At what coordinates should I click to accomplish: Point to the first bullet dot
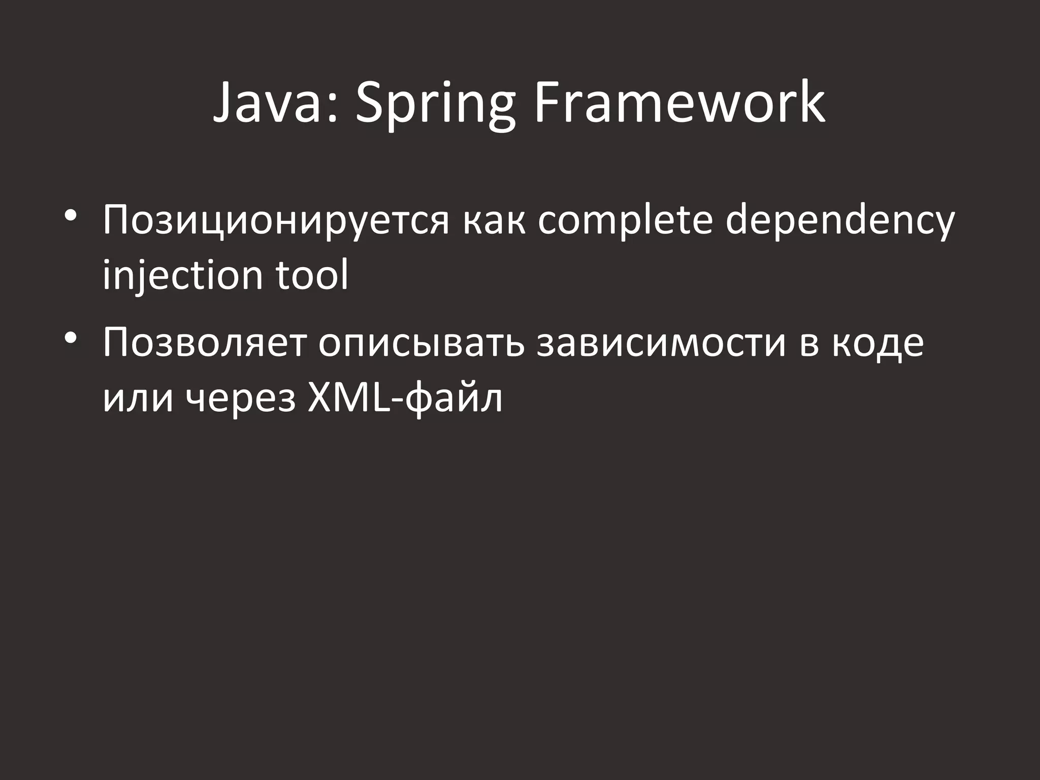pyautogui.click(x=71, y=215)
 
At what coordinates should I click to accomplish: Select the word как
pyautogui.click(x=494, y=221)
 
